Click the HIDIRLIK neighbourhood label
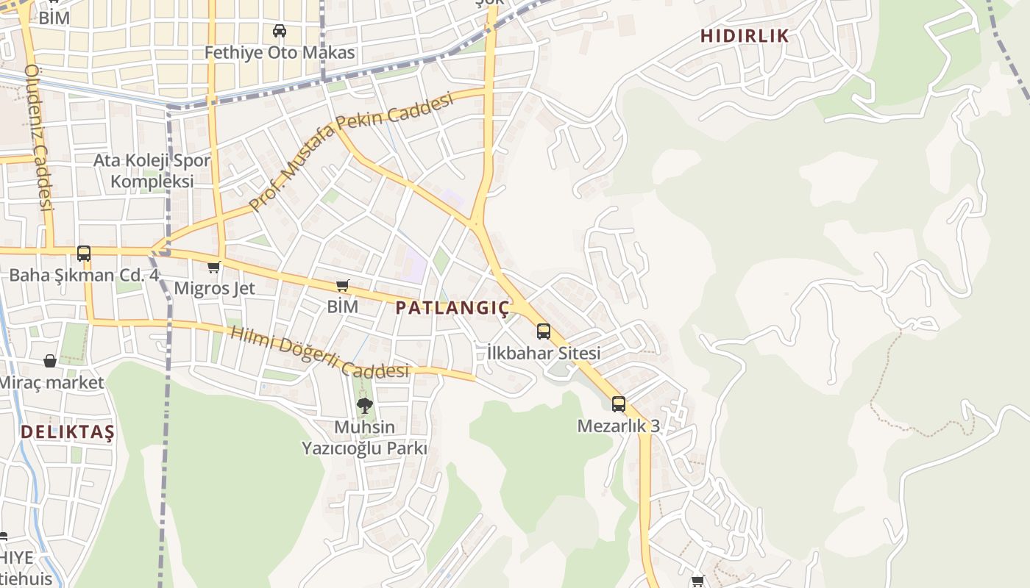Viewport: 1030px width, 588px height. click(x=744, y=35)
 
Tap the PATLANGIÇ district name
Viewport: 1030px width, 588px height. click(x=452, y=308)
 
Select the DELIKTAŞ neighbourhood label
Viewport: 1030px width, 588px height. click(x=67, y=431)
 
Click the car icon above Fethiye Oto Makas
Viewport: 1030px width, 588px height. click(x=280, y=31)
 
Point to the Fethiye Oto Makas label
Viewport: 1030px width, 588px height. click(x=280, y=53)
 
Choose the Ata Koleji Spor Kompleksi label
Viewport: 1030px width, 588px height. click(x=152, y=171)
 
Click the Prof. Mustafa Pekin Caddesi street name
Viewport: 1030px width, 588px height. click(x=349, y=151)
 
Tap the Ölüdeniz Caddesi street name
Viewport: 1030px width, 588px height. click(x=40, y=137)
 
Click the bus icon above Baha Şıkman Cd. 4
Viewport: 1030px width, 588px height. click(x=84, y=254)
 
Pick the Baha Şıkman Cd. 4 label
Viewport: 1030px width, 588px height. click(x=84, y=276)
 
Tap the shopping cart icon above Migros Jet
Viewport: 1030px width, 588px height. click(x=213, y=267)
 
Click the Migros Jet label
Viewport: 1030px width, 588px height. click(x=214, y=288)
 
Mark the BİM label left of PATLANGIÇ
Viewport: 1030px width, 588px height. click(x=342, y=306)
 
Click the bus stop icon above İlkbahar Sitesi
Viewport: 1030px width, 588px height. click(x=544, y=331)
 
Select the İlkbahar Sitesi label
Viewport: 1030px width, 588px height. click(x=544, y=353)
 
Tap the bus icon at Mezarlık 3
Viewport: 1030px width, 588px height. click(x=619, y=404)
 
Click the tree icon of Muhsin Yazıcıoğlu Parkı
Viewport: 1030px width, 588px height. click(x=364, y=405)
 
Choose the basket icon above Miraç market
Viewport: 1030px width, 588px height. click(x=50, y=361)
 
